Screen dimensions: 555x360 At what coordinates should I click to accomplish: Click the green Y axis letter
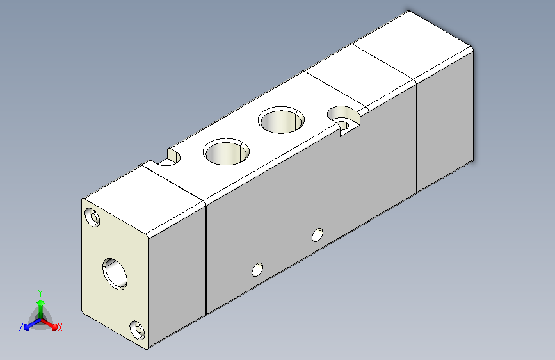[40, 293]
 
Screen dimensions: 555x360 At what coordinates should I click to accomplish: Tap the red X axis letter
[60, 327]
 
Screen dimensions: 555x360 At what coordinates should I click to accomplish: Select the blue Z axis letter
[21, 327]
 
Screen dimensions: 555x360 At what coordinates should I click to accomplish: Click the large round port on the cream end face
[115, 274]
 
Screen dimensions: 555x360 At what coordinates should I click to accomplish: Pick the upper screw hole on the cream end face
[92, 217]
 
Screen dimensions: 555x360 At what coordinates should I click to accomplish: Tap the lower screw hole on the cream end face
[137, 331]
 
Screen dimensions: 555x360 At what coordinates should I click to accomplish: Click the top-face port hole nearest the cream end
[226, 152]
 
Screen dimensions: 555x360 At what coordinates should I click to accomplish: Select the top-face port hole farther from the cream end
[282, 120]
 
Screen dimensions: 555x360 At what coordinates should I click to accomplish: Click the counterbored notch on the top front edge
[344, 119]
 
